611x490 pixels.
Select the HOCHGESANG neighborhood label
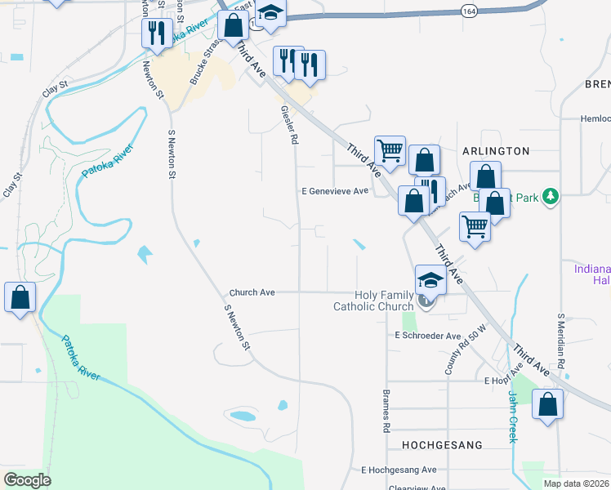coord(442,445)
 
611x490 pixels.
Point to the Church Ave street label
coord(252,292)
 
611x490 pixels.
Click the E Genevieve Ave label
coord(336,191)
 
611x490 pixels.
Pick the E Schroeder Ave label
coord(428,336)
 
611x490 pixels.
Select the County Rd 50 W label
coord(458,350)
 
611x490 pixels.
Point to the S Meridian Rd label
coord(561,339)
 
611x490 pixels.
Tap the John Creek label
coord(513,417)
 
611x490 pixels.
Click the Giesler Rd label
coord(288,125)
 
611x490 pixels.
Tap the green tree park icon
coord(552,195)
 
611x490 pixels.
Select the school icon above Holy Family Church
coord(430,280)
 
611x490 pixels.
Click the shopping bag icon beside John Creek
coord(547,404)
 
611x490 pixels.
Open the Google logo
coord(27,480)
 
